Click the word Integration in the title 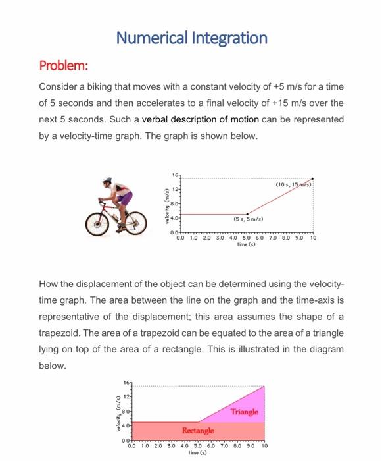(229, 38)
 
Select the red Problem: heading (64, 67)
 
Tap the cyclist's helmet (107, 181)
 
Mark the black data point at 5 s (247, 214)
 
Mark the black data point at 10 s (312, 179)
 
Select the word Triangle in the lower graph (245, 412)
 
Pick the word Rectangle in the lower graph (199, 430)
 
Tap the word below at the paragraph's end (53, 366)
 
